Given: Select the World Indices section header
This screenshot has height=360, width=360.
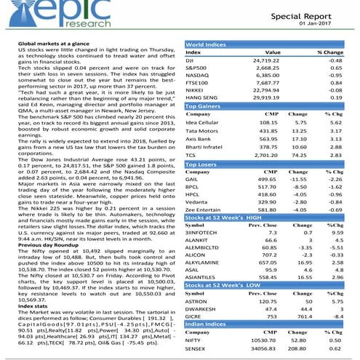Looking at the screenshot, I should click(x=205, y=44).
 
